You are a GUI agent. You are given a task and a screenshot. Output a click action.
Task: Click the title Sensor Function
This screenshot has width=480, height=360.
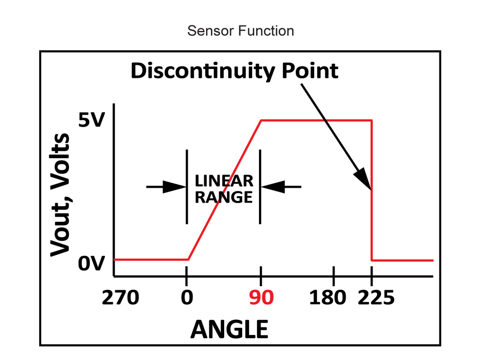[x=240, y=31]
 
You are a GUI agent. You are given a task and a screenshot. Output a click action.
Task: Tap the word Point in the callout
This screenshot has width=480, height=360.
[x=310, y=70]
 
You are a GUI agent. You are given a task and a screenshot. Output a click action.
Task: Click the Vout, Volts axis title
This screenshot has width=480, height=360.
[x=60, y=195]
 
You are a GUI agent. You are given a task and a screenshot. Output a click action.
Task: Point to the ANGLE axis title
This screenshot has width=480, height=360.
[x=229, y=329]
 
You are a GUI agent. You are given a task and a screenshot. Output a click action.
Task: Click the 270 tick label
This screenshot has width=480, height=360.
[x=120, y=298]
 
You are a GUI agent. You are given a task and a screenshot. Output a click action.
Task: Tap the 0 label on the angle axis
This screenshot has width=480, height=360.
[x=187, y=298]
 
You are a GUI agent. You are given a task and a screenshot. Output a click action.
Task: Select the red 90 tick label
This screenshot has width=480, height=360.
[x=261, y=298]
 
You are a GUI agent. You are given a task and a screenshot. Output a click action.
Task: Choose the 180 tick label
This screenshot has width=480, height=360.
[x=327, y=298]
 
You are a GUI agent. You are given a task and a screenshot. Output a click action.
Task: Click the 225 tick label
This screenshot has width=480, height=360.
[x=376, y=298]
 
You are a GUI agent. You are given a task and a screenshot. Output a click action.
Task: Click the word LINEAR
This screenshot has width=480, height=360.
[x=224, y=181]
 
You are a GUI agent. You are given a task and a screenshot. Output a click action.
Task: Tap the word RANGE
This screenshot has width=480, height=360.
[x=224, y=197]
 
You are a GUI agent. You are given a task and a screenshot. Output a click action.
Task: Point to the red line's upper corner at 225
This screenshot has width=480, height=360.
[x=372, y=120]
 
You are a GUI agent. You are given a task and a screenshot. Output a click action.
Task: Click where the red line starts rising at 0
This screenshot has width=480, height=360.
[x=188, y=259]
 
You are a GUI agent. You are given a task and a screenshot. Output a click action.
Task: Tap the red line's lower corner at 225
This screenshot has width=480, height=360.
[x=372, y=260]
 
